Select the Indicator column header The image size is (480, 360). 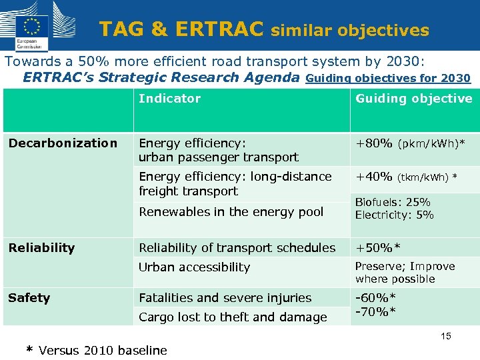[x=169, y=99]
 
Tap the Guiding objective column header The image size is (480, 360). [x=413, y=99]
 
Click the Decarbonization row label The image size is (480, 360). [x=63, y=143]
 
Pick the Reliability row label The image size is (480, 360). [x=41, y=248]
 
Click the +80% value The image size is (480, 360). [x=374, y=143]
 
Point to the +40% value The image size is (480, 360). [x=374, y=177]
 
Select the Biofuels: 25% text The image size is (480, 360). [x=393, y=202]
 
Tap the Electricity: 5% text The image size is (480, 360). [x=394, y=215]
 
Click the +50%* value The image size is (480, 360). [x=378, y=248]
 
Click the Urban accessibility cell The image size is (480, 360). [x=194, y=267]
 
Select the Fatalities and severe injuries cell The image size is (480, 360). [x=225, y=298]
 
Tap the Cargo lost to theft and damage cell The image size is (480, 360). [x=233, y=317]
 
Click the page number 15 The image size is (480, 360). [x=445, y=336]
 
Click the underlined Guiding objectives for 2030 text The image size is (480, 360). [x=387, y=78]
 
